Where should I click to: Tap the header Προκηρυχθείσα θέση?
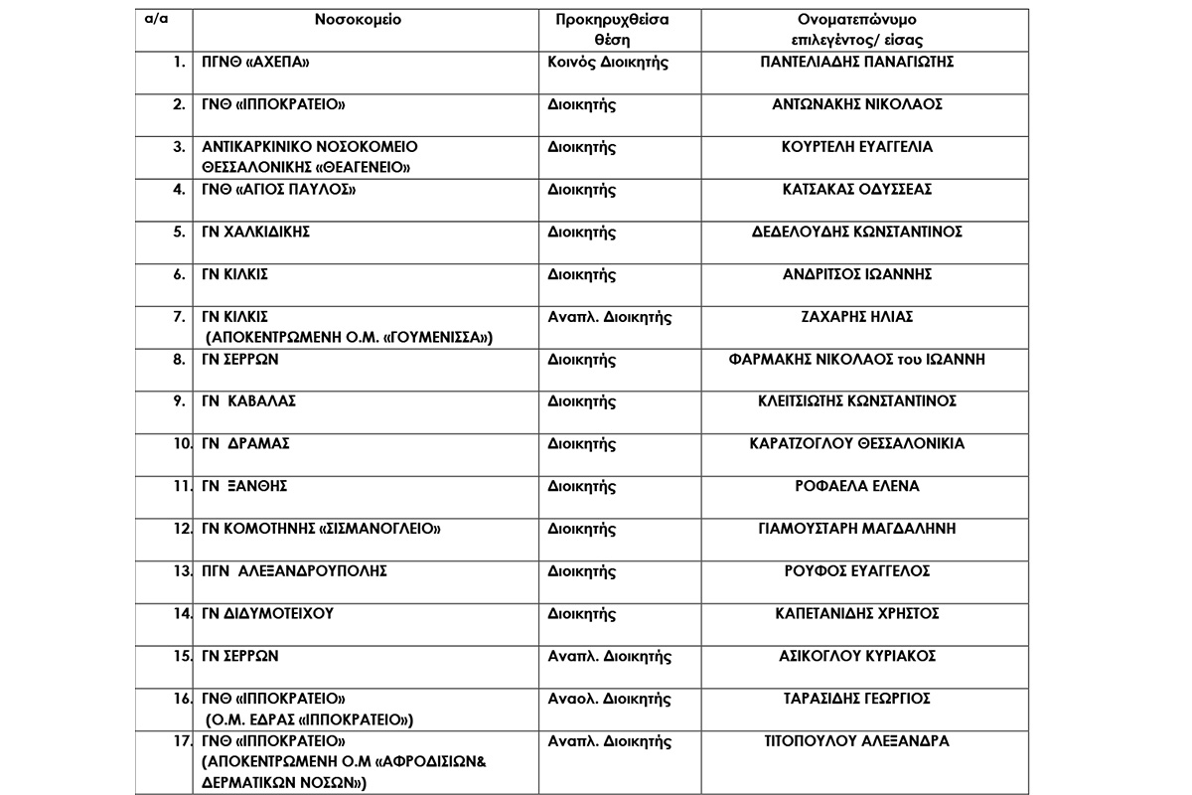[609, 30]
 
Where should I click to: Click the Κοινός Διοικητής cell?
[608, 62]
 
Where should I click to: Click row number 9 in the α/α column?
[179, 401]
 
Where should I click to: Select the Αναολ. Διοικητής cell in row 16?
[609, 699]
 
